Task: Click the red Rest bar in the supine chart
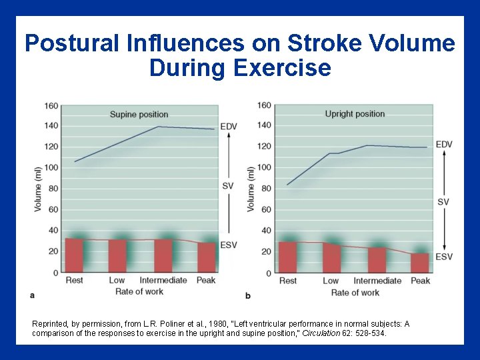click(x=74, y=255)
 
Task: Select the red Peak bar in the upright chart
click(x=420, y=263)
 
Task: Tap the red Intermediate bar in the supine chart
click(x=163, y=255)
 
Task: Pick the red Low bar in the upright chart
click(x=331, y=258)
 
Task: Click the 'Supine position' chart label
click(x=139, y=114)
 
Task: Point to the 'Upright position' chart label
click(x=355, y=114)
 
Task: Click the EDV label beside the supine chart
click(x=229, y=127)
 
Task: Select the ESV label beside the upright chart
click(x=444, y=257)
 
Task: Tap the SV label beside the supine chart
click(x=228, y=185)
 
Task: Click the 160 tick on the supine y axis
click(x=51, y=105)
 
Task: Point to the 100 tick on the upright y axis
click(x=263, y=167)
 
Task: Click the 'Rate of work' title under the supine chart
click(x=139, y=291)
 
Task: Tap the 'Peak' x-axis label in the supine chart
click(x=206, y=281)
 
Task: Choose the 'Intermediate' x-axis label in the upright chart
click(x=377, y=281)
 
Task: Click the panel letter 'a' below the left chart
click(x=33, y=294)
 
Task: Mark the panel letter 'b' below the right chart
click(x=248, y=295)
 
